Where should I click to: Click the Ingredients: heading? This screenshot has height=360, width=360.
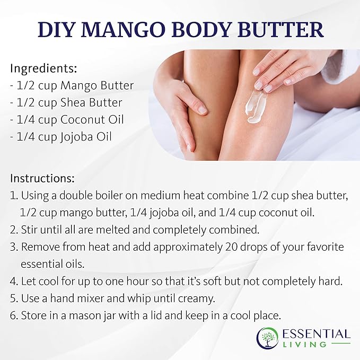(x=43, y=68)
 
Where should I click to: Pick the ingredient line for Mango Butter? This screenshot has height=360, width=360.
(x=72, y=85)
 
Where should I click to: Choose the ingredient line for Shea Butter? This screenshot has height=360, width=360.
(x=66, y=102)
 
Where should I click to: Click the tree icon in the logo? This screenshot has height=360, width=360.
(x=268, y=338)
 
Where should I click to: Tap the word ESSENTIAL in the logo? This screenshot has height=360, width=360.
(x=317, y=334)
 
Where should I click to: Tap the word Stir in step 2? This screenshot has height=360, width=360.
(x=30, y=230)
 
